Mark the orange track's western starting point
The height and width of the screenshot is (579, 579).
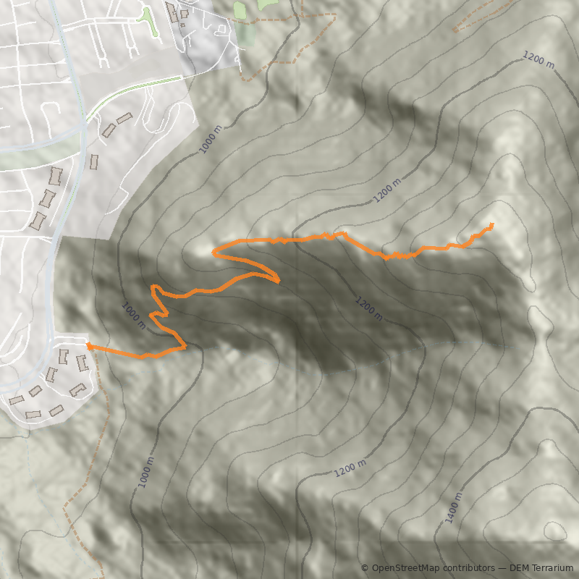coord(88,346)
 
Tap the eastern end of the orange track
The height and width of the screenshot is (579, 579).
coord(492,225)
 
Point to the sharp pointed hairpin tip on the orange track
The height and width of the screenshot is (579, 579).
coord(279,281)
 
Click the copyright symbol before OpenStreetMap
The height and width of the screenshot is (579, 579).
coord(365,568)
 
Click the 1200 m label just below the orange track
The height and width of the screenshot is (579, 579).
coord(369,308)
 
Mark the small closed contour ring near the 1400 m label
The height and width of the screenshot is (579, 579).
coord(555,532)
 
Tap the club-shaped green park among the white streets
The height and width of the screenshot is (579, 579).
coord(150,21)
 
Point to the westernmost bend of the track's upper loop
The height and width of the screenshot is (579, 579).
coord(213,252)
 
